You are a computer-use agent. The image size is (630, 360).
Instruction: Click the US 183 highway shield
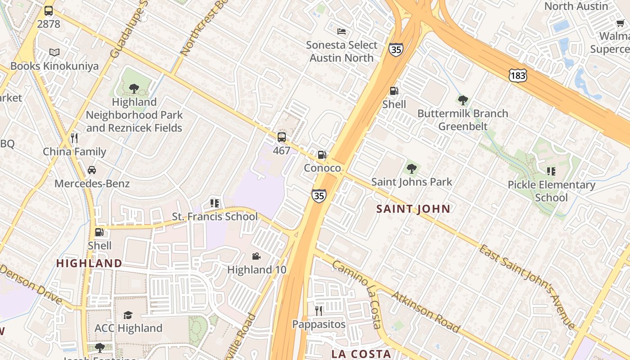(x=517, y=76)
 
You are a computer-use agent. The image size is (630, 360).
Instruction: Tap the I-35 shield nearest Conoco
(x=319, y=195)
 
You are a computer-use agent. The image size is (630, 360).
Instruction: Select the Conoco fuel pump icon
(x=322, y=155)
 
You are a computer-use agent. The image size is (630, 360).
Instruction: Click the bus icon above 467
(x=281, y=137)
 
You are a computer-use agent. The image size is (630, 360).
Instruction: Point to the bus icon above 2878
(x=48, y=11)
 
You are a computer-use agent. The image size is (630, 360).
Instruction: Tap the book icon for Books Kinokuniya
(x=54, y=53)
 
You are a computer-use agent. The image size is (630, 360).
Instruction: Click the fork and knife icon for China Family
(x=74, y=138)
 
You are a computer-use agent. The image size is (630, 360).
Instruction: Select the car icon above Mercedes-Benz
(x=92, y=170)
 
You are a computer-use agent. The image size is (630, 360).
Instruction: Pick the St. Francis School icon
(x=214, y=203)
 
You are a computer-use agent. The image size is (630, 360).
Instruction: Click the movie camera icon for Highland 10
(x=256, y=256)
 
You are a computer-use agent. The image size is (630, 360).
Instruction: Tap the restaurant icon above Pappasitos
(x=319, y=311)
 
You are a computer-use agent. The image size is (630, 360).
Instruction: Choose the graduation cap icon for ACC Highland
(x=128, y=315)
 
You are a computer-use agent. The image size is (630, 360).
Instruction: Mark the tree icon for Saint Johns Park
(x=411, y=169)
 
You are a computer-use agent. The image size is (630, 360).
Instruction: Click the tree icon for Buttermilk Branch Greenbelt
(x=463, y=100)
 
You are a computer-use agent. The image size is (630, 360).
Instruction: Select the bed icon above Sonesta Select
(x=342, y=31)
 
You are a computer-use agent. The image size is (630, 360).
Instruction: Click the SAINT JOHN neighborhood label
(x=413, y=209)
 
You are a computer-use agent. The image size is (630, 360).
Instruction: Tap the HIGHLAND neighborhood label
(x=89, y=263)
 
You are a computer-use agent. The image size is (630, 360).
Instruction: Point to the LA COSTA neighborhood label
(x=361, y=354)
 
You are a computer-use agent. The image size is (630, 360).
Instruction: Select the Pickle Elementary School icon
(x=551, y=171)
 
